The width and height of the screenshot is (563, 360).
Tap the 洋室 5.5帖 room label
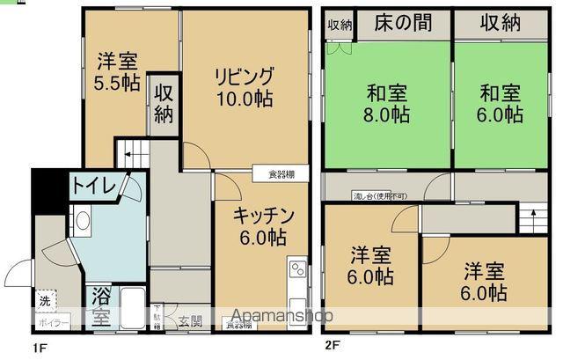[116, 71]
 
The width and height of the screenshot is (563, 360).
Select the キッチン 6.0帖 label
[261, 225]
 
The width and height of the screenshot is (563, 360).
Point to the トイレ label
[91, 185]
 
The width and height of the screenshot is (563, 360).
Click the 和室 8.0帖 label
[387, 103]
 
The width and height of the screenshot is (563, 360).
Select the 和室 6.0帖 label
[501, 103]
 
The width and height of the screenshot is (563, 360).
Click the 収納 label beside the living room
[164, 104]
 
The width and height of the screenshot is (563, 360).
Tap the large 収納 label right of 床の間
[501, 24]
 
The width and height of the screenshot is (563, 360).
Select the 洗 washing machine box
[45, 301]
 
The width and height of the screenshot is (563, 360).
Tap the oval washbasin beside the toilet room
[82, 220]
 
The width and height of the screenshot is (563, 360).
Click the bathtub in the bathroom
[134, 308]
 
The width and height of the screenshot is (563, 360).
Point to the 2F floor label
[332, 346]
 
